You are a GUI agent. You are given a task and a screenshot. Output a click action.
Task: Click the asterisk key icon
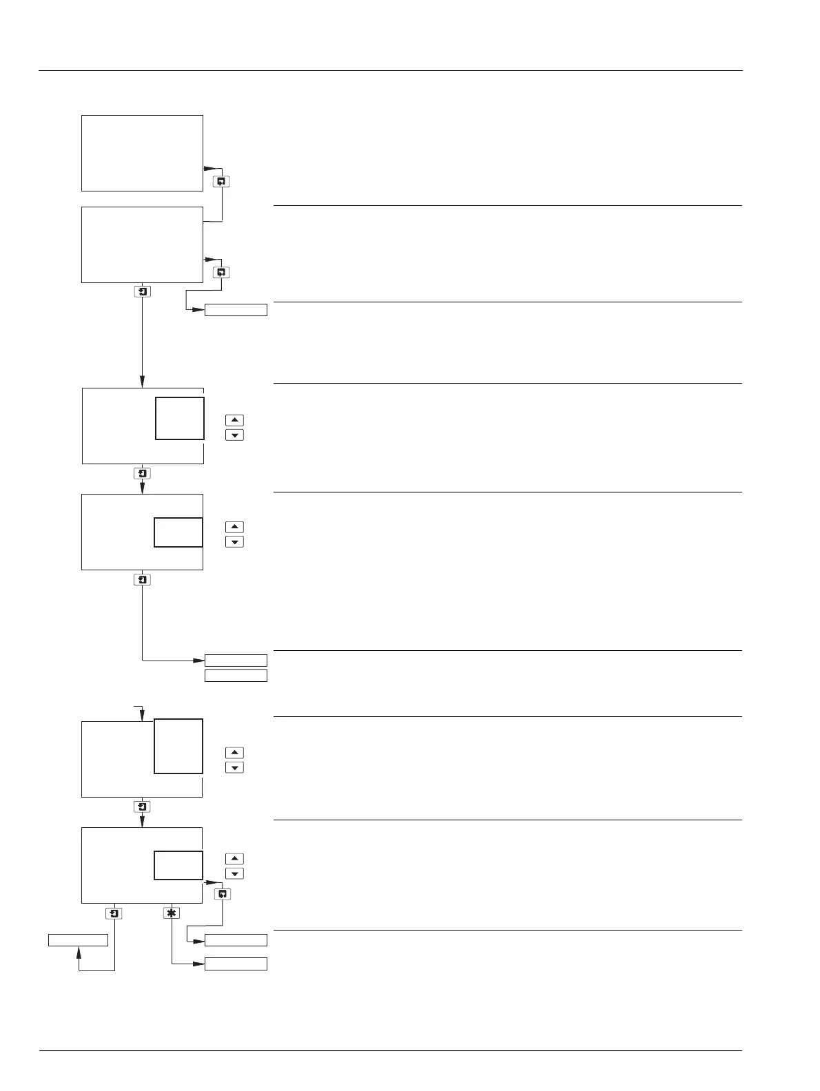[171, 913]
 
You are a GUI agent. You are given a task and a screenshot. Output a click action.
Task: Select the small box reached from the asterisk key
[236, 964]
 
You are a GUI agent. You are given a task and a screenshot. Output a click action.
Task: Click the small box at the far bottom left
[78, 940]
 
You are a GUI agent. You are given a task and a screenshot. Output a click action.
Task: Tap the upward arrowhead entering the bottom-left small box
[79, 951]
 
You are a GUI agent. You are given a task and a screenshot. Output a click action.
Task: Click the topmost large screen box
[142, 153]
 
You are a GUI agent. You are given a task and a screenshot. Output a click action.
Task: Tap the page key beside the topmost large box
[221, 182]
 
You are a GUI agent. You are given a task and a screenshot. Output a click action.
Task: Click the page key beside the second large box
[221, 272]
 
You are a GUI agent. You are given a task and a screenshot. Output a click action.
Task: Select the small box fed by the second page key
[236, 310]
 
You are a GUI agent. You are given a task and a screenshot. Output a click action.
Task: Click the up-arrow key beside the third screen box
[234, 420]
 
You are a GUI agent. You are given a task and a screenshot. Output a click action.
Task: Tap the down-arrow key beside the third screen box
[234, 435]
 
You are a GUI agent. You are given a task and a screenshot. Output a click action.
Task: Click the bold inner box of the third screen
[180, 418]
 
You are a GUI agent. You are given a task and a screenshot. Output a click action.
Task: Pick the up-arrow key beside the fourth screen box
[234, 527]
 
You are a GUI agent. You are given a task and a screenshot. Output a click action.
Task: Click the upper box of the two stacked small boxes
[236, 661]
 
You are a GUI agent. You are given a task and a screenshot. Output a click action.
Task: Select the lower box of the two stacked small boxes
[236, 676]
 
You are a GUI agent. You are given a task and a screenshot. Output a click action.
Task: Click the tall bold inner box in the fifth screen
[178, 746]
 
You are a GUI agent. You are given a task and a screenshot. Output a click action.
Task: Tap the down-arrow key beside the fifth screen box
[234, 767]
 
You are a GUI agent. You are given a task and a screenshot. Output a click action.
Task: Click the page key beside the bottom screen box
[222, 894]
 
